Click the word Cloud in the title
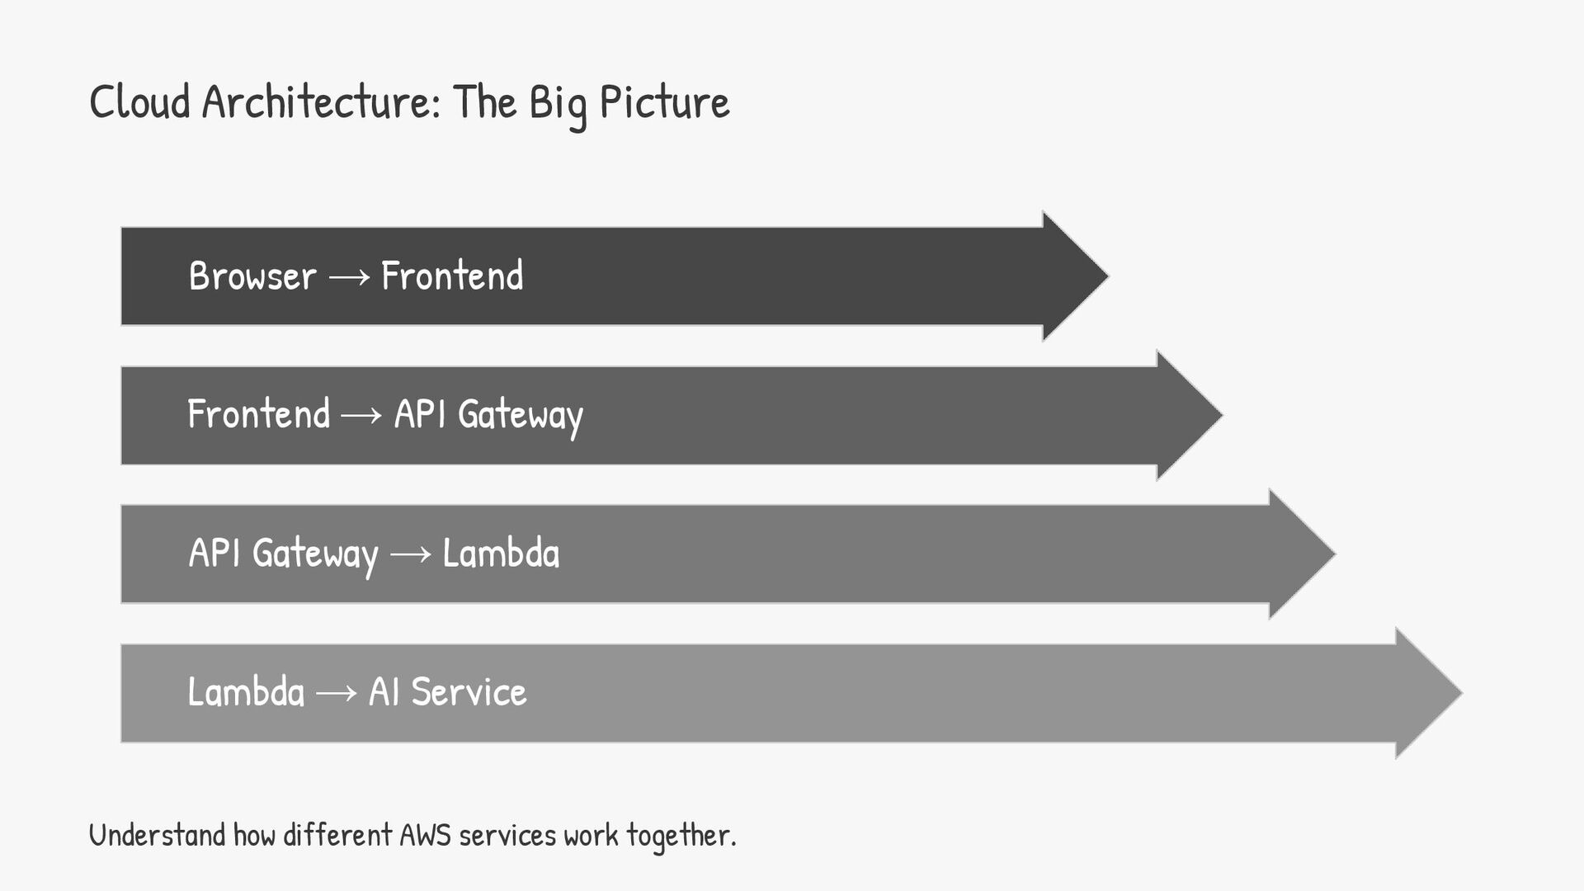pos(139,102)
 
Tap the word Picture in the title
pos(664,102)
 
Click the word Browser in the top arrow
pos(252,276)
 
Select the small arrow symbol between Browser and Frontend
pos(349,278)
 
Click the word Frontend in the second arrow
pos(258,414)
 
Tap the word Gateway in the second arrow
pos(521,415)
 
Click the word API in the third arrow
pos(214,553)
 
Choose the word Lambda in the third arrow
pos(501,553)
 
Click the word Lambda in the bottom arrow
pos(246,691)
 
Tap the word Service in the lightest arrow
pos(469,691)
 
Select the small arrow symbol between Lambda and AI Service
pos(336,694)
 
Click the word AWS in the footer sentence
pos(425,835)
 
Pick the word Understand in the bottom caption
pos(157,835)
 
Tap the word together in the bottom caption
pos(680,836)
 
